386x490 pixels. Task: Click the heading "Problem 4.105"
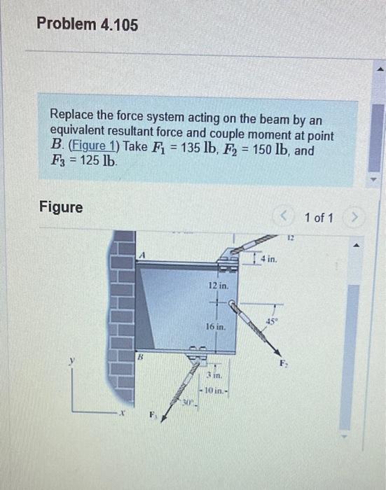tap(87, 25)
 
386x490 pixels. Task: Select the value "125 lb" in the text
tap(96, 160)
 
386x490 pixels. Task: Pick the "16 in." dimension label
tap(216, 327)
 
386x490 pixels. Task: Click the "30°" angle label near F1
tap(189, 402)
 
